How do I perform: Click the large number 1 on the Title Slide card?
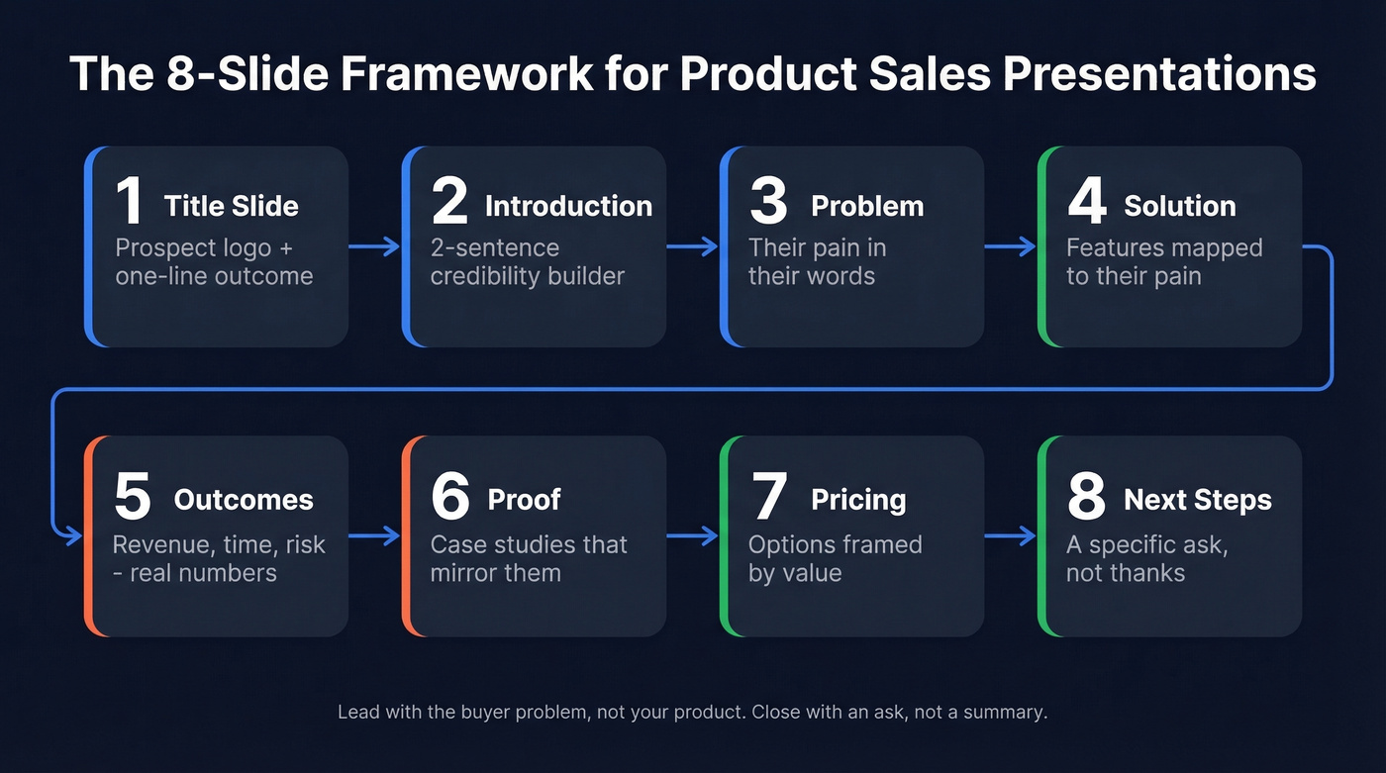pyautogui.click(x=129, y=201)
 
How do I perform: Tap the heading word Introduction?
pyautogui.click(x=568, y=206)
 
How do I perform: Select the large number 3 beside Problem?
pyautogui.click(x=768, y=201)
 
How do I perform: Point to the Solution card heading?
pyautogui.click(x=1179, y=206)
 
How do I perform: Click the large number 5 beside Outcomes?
pyautogui.click(x=132, y=496)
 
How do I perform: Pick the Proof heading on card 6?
pyautogui.click(x=525, y=500)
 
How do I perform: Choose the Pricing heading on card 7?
pyautogui.click(x=858, y=500)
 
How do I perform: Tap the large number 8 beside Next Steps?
pyautogui.click(x=1086, y=496)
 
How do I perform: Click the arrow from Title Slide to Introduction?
pyautogui.click(x=374, y=247)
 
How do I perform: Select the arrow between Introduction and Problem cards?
pyautogui.click(x=692, y=247)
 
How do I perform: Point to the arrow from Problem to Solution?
pyautogui.click(x=1010, y=247)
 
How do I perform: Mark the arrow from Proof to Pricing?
pyautogui.click(x=692, y=536)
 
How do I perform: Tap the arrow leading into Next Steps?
pyautogui.click(x=1010, y=536)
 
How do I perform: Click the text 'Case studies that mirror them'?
pyautogui.click(x=529, y=558)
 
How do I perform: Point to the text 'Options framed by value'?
pyautogui.click(x=835, y=558)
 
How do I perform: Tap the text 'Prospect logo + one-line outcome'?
pyautogui.click(x=214, y=261)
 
